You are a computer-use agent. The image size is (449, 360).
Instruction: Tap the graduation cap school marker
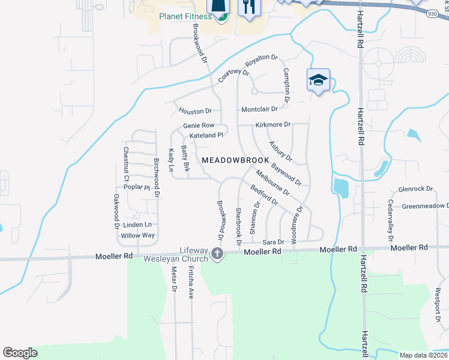point(318,80)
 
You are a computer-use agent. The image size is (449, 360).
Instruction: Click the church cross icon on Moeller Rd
point(217,255)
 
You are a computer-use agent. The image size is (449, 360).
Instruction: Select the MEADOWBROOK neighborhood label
point(235,160)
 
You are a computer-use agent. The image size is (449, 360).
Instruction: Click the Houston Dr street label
point(196,111)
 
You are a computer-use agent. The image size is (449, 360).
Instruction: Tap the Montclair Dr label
point(259,109)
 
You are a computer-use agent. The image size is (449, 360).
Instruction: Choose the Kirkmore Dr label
point(273,125)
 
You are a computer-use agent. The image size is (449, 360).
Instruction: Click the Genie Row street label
point(199,125)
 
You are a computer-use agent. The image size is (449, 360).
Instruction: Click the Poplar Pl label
point(136,187)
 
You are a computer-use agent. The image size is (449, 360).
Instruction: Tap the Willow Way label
point(137,235)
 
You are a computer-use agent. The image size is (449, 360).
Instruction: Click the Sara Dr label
point(273,242)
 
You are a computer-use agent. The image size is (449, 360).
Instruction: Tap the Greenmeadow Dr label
point(426,206)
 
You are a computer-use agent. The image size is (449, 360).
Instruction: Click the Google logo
point(20,353)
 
